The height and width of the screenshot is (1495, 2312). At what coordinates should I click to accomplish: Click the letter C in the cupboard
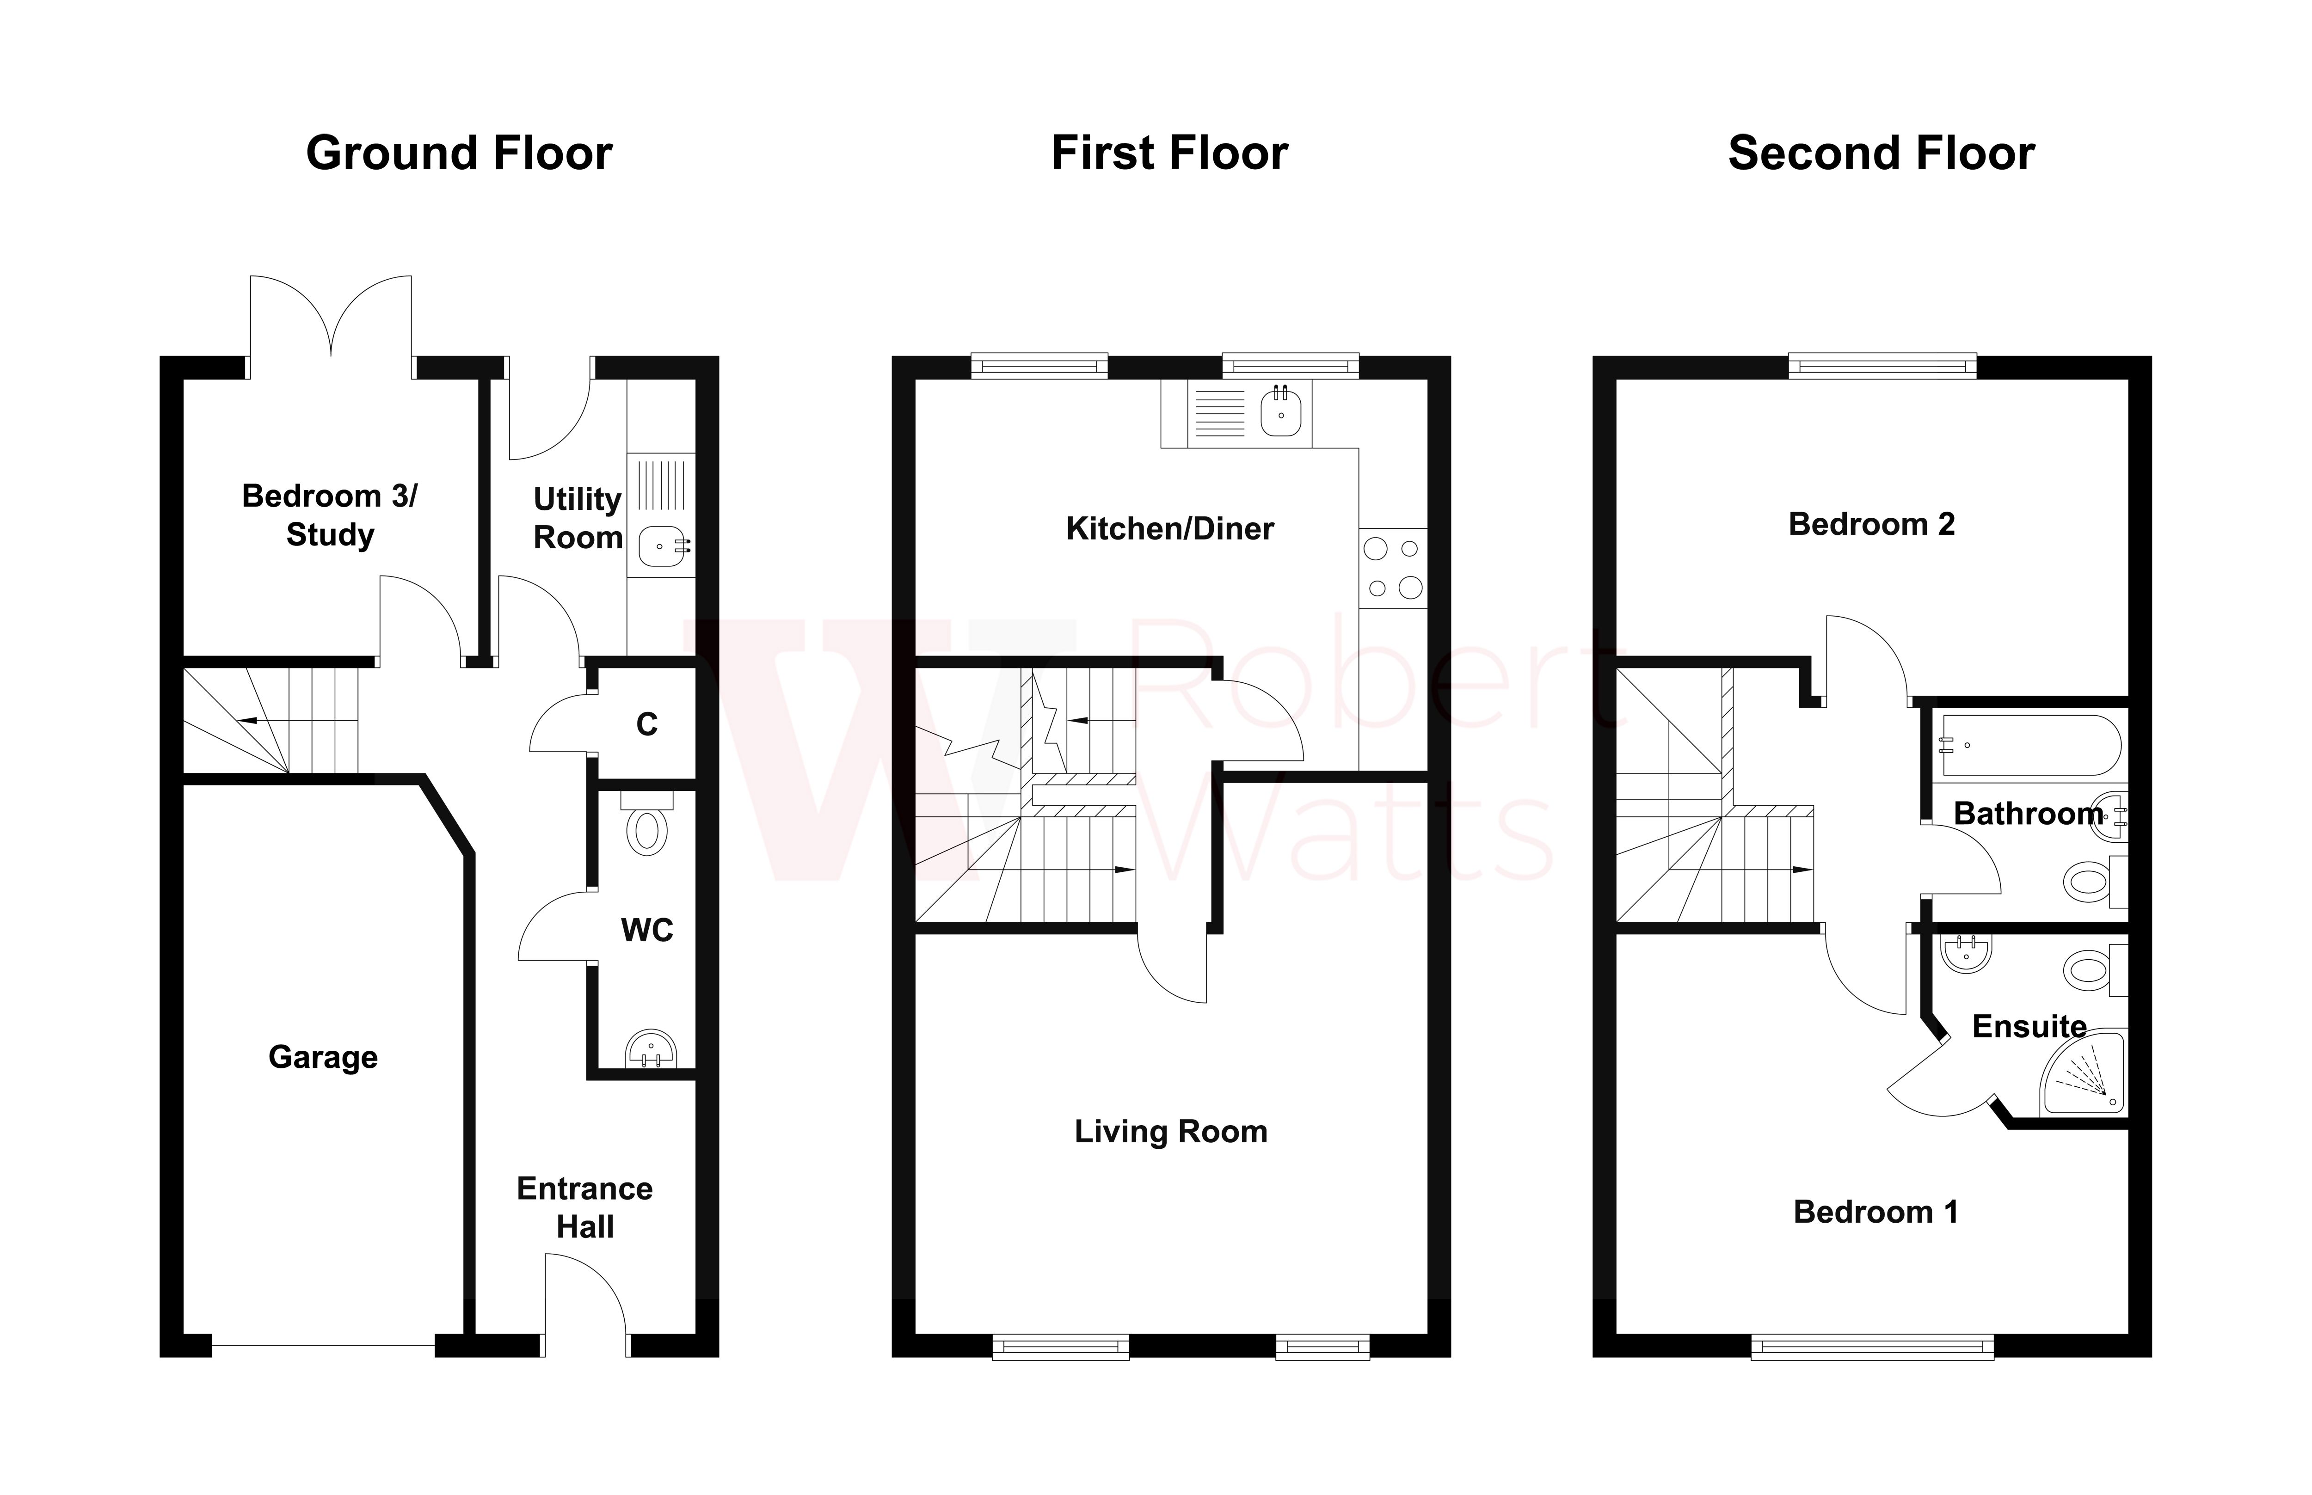pos(647,724)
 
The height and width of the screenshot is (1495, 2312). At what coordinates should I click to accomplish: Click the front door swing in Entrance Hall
pos(585,1296)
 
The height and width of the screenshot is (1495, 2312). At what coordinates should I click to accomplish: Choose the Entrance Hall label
pos(584,1207)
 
